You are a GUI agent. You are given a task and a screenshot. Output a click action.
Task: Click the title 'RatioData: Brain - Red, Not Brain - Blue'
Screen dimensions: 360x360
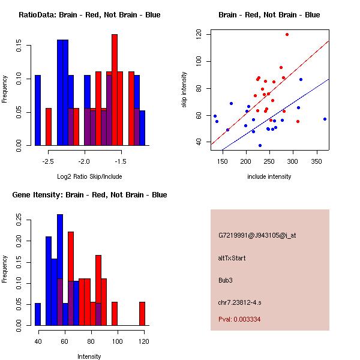[x=89, y=14]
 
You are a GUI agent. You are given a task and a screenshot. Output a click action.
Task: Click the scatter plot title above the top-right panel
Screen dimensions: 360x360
[x=269, y=14]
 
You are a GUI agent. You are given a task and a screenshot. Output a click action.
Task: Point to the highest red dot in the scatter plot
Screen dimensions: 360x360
[x=287, y=34]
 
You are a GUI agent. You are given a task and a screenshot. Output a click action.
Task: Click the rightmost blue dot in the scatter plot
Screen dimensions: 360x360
[x=325, y=119]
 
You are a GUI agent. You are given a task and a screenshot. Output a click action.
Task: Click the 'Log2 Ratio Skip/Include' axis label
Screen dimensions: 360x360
[x=89, y=176]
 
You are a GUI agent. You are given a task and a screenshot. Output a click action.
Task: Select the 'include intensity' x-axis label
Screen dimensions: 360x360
[x=269, y=176]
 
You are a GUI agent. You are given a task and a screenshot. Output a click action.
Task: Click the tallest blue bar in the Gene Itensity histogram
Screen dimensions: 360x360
[x=60, y=270]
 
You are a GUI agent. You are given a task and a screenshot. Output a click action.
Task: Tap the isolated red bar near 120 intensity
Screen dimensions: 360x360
[x=142, y=313]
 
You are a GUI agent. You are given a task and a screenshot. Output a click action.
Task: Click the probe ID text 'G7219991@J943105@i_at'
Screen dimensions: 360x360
[x=257, y=235]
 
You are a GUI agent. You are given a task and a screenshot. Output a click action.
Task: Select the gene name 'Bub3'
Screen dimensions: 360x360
[x=226, y=280]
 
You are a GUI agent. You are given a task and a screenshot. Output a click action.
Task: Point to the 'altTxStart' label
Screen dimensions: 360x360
[x=232, y=258]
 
